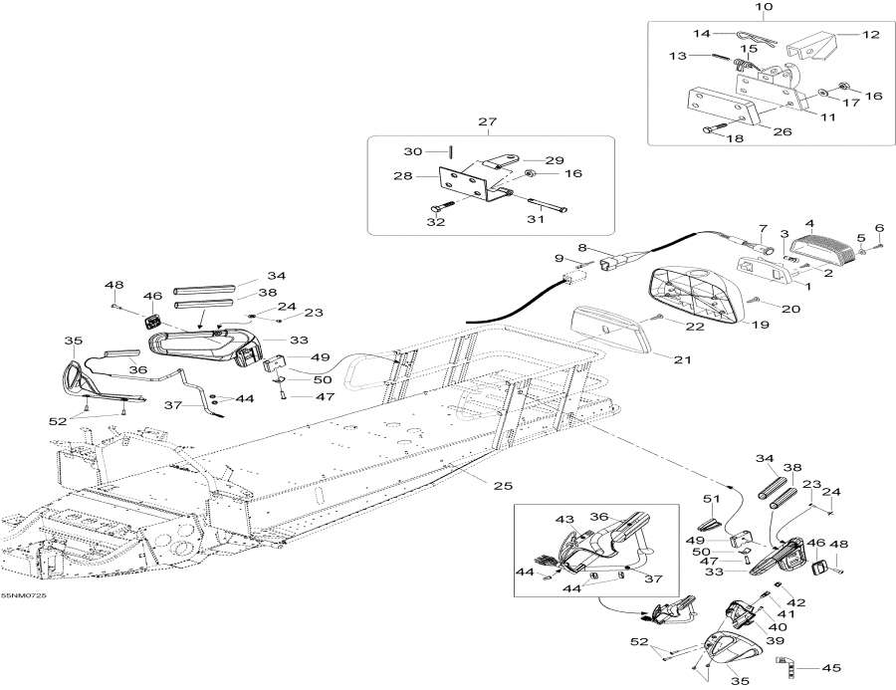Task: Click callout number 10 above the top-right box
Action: tap(764, 8)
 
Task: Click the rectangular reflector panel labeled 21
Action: tap(609, 329)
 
